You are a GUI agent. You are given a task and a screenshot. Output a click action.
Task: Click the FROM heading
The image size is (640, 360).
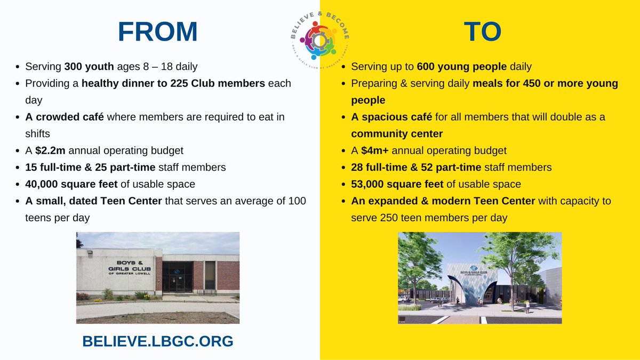pyautogui.click(x=158, y=32)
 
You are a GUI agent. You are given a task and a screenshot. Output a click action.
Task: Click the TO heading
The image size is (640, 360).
pyautogui.click(x=482, y=32)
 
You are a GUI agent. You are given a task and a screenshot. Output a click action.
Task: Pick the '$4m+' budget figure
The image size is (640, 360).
pyautogui.click(x=376, y=150)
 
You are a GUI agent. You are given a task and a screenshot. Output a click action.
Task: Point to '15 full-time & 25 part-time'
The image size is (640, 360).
pyautogui.click(x=90, y=167)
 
